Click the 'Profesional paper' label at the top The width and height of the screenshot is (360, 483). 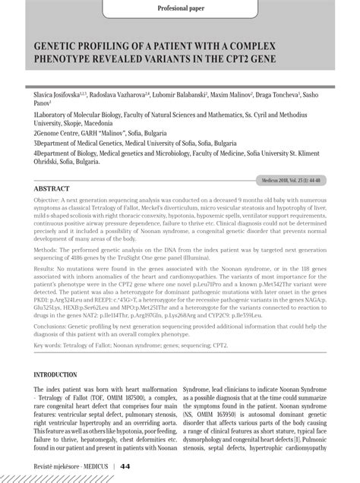coord(179,9)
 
